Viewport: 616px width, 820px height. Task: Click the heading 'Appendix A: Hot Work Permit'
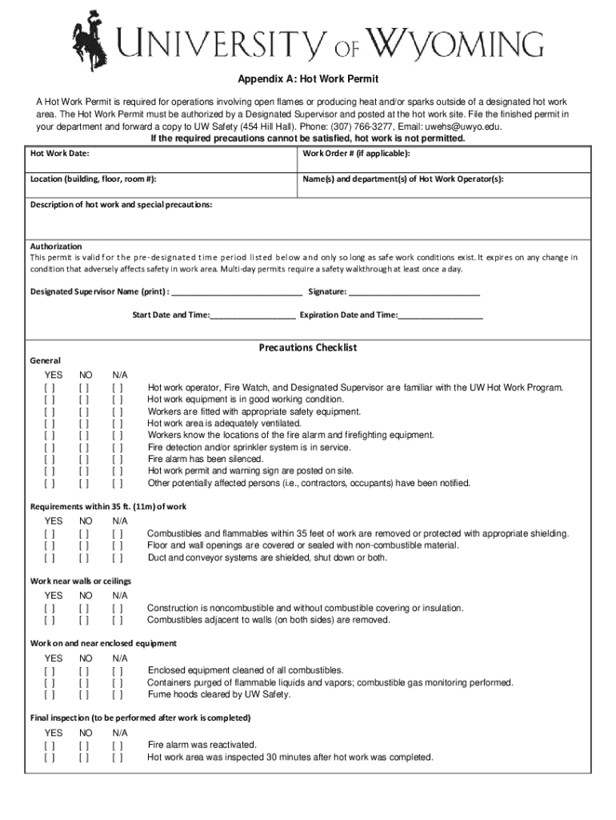307,80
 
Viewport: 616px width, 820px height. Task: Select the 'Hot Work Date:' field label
60,153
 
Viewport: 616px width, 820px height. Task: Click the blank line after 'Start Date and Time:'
253,316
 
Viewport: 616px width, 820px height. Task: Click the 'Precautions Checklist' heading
307,348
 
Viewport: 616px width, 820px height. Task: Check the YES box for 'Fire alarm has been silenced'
50,460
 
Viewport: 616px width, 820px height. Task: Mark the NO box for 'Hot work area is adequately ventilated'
84,424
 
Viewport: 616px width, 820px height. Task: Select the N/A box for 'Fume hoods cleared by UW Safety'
118,695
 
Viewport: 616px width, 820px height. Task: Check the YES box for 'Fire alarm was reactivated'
50,746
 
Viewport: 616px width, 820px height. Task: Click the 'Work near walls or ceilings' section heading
81,581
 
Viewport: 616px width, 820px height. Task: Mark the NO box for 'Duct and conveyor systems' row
84,558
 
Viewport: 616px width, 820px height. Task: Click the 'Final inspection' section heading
141,717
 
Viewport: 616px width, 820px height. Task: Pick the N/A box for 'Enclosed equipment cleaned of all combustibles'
118,671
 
